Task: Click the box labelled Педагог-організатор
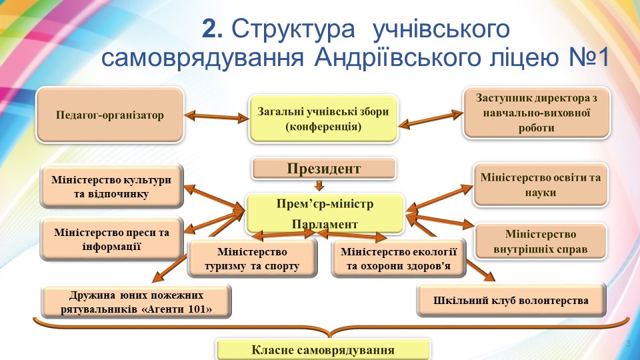[110, 115]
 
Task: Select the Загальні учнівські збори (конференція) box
[323, 119]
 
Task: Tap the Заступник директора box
[536, 113]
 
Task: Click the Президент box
[324, 169]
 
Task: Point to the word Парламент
[325, 223]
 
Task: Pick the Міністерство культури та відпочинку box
[111, 187]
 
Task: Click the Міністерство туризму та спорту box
[252, 259]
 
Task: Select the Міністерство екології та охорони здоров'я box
[398, 259]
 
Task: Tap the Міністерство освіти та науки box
[540, 185]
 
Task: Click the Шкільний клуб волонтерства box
[511, 300]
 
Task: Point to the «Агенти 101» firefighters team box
[136, 302]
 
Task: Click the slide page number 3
[627, 343]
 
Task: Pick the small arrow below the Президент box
[320, 186]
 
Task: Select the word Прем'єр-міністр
[325, 203]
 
